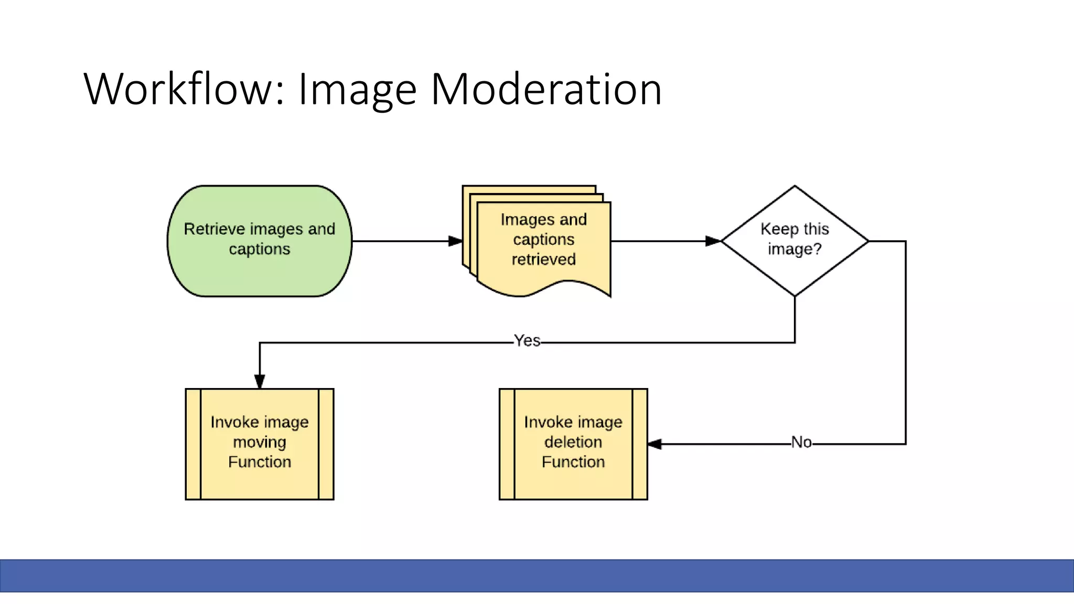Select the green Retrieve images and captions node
click(260, 241)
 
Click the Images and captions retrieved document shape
click(543, 246)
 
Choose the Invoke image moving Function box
click(260, 444)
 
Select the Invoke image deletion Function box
click(573, 444)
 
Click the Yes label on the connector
click(527, 341)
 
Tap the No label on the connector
click(801, 443)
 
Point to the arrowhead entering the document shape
click(456, 241)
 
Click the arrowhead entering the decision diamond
click(713, 241)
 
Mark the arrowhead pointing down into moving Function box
click(260, 381)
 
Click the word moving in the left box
click(260, 442)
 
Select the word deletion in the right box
click(573, 442)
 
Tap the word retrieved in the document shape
click(543, 259)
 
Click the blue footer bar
click(537, 576)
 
